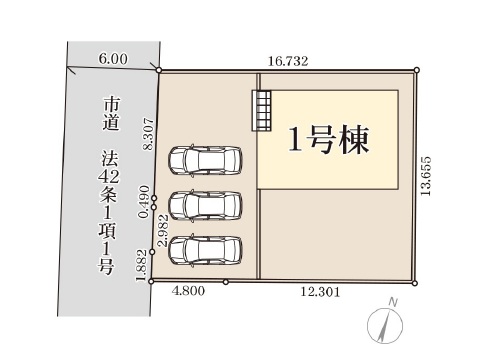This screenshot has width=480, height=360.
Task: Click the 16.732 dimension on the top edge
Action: [288, 61]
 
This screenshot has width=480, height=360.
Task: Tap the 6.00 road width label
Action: [113, 59]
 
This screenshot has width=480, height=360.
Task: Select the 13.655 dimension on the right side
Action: [426, 176]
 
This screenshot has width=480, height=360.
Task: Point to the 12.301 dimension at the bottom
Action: [320, 292]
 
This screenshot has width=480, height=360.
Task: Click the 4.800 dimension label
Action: [188, 291]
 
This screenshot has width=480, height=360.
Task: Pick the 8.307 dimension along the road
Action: [149, 134]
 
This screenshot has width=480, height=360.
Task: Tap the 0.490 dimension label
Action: [144, 202]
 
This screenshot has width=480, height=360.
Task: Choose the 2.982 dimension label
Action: [163, 230]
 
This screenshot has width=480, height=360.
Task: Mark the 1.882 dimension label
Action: [142, 266]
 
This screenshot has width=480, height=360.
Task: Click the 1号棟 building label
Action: [329, 140]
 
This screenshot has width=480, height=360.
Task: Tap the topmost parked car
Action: [205, 160]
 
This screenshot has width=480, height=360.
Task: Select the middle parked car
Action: [205, 206]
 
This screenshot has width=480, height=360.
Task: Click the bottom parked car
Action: [205, 250]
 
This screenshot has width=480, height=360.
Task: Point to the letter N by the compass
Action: [393, 303]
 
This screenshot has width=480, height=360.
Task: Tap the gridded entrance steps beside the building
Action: [261, 110]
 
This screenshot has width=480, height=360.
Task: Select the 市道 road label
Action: [111, 114]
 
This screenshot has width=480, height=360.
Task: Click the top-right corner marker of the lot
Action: [417, 70]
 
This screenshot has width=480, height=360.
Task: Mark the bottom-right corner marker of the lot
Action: [415, 283]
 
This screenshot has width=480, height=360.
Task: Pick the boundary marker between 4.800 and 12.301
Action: [226, 282]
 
